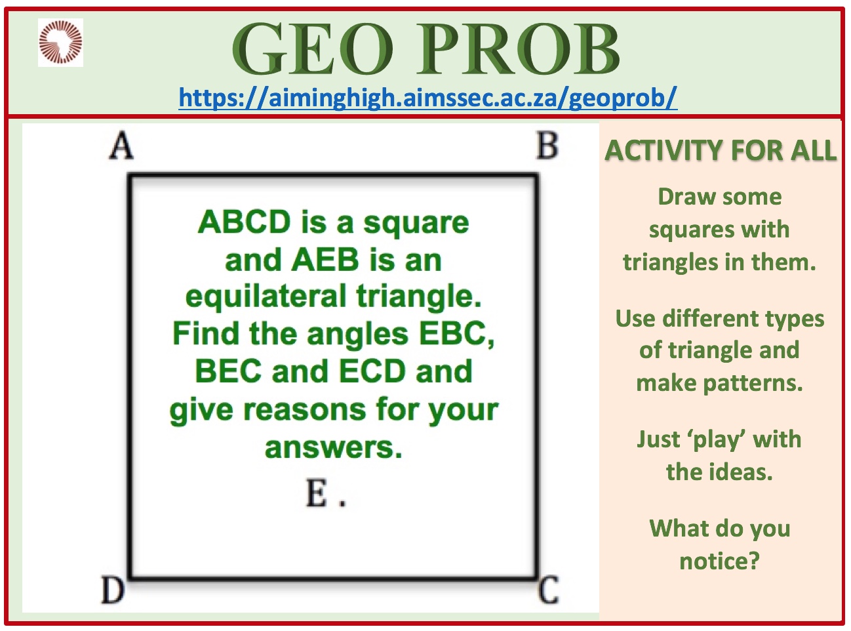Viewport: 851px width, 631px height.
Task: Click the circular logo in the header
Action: (60, 42)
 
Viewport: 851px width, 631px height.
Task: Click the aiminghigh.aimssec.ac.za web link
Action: (427, 98)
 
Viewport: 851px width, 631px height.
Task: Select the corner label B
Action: (547, 146)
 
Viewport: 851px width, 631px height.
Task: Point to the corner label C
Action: (548, 590)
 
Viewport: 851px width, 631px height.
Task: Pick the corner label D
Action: (113, 589)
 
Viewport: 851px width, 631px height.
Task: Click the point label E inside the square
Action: (317, 493)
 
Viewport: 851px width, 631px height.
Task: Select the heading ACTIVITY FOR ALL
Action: (720, 150)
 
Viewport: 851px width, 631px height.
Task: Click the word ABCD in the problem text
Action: (244, 222)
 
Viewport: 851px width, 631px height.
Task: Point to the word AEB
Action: (325, 260)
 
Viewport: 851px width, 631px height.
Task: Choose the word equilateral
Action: (266, 296)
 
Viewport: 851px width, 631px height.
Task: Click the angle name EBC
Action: (452, 334)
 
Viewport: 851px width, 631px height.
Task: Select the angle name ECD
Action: (372, 371)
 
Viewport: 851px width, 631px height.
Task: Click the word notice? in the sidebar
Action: (719, 561)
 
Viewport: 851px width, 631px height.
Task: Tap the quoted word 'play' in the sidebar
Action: (719, 440)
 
